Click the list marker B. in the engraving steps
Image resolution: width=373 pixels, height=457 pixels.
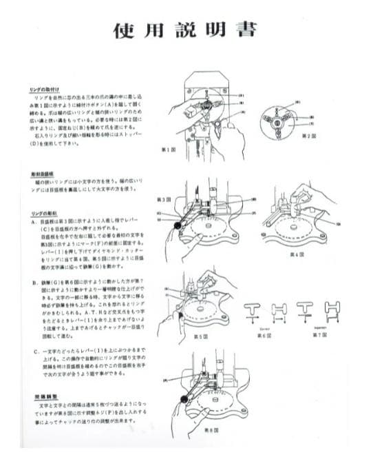pyautogui.click(x=34, y=281)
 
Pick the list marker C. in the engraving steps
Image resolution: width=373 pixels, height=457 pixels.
pyautogui.click(x=34, y=352)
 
